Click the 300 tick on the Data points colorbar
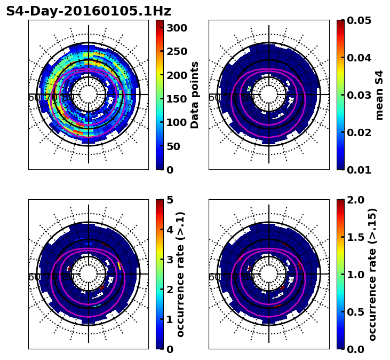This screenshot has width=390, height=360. click(176, 28)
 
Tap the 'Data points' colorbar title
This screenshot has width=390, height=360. click(195, 95)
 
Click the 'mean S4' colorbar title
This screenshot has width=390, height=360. click(379, 95)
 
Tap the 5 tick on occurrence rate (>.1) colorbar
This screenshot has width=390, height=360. click(169, 200)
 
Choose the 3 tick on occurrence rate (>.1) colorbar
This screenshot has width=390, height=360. click(169, 260)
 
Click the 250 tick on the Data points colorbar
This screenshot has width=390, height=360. click(176, 51)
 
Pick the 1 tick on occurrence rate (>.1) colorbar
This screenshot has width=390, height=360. click(169, 319)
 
